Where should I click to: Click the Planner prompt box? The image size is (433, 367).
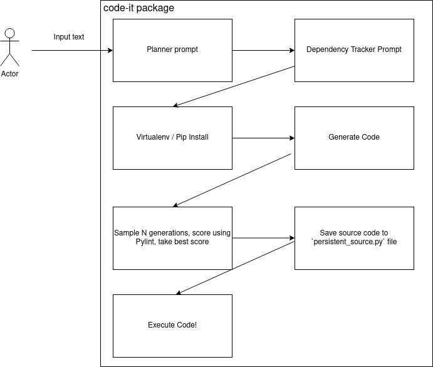point(172,50)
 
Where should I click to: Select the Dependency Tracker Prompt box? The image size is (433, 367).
point(354,50)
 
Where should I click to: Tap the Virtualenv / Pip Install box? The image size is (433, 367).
point(172,138)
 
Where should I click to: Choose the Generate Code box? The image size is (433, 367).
point(354,138)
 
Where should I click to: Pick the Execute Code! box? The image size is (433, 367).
point(172,326)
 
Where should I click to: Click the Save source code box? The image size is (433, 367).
point(354,238)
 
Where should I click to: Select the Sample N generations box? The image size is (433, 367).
point(172,238)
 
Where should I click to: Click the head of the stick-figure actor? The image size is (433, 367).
point(9,33)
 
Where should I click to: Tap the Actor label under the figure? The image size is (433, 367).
point(9,74)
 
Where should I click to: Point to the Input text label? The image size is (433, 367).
point(69,37)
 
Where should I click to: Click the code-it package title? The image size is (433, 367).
point(138,8)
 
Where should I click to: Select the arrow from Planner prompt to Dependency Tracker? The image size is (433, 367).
point(263,50)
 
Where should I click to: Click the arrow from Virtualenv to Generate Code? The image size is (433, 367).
point(263,138)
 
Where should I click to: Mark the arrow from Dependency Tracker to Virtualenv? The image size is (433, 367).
point(234,86)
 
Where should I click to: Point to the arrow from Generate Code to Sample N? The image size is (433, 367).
point(232,180)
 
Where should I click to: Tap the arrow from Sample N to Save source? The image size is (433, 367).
point(263,238)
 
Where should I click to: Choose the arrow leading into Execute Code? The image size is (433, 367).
point(235,268)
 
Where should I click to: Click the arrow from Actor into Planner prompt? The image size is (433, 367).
point(72,50)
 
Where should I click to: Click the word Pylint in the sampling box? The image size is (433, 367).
point(145,242)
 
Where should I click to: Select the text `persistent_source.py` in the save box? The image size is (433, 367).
point(348,242)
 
